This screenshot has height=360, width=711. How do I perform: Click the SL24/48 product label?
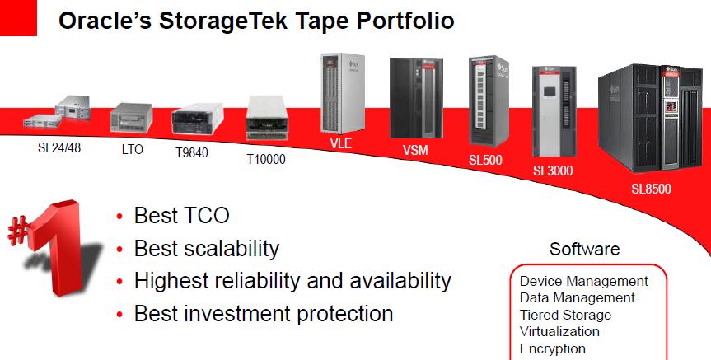(59, 147)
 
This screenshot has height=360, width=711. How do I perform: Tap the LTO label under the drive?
(133, 149)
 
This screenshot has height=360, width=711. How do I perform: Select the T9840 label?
(192, 152)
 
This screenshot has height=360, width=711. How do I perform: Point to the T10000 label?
(266, 159)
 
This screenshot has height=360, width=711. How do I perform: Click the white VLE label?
(341, 143)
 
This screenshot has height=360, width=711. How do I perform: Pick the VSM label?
(415, 150)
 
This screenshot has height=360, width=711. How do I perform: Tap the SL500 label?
(485, 160)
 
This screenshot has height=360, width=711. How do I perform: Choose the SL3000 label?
(553, 171)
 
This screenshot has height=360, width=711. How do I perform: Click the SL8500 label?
(651, 189)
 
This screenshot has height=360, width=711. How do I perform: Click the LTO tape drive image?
(132, 118)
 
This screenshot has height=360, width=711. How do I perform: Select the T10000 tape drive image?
(267, 118)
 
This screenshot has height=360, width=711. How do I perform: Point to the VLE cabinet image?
(343, 93)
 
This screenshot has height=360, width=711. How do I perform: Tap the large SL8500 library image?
(650, 118)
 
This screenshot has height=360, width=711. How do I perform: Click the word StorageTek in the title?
(223, 21)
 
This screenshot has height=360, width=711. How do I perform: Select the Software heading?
(584, 249)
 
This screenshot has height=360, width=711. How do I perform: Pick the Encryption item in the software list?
(553, 348)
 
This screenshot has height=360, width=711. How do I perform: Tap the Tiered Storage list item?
(565, 315)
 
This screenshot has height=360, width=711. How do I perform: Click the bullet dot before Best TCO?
(119, 217)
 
